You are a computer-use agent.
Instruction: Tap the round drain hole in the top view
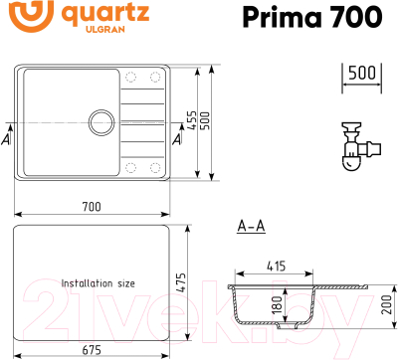pos(101,122)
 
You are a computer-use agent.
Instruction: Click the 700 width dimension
pos(92,207)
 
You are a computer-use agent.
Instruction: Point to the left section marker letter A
pos(7,139)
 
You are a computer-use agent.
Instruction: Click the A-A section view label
pos(251,227)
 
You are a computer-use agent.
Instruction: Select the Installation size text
pos(98,283)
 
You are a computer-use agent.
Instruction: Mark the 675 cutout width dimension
pos(92,348)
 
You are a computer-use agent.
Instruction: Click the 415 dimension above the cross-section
pos(278,266)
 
